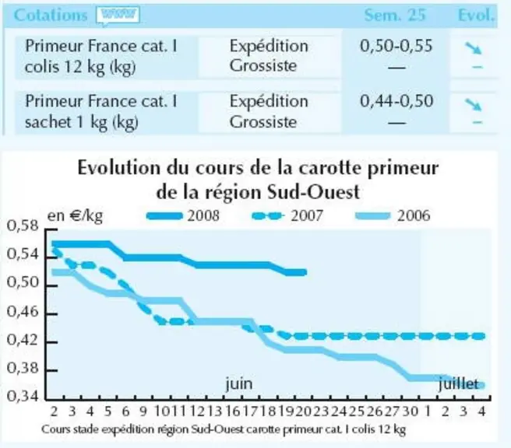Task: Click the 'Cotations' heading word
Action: point(51,15)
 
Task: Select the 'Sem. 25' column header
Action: point(395,15)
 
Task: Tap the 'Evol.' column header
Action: point(476,15)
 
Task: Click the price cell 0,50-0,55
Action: point(396,46)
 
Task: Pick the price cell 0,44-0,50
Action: point(396,101)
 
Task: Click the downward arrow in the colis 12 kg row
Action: point(473,47)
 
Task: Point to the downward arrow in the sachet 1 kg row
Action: point(473,105)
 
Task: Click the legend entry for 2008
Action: point(183,215)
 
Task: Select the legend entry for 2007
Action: point(287,215)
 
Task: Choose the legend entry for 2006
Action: point(393,215)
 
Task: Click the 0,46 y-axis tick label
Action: point(23,312)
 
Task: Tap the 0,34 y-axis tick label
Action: point(23,397)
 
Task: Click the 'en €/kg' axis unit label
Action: point(75,215)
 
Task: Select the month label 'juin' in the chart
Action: point(239,384)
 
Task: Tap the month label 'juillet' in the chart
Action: point(458,384)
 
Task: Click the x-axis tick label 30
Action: point(410,411)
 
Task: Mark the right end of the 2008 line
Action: point(305,272)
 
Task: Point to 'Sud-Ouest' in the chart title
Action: point(313,192)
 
